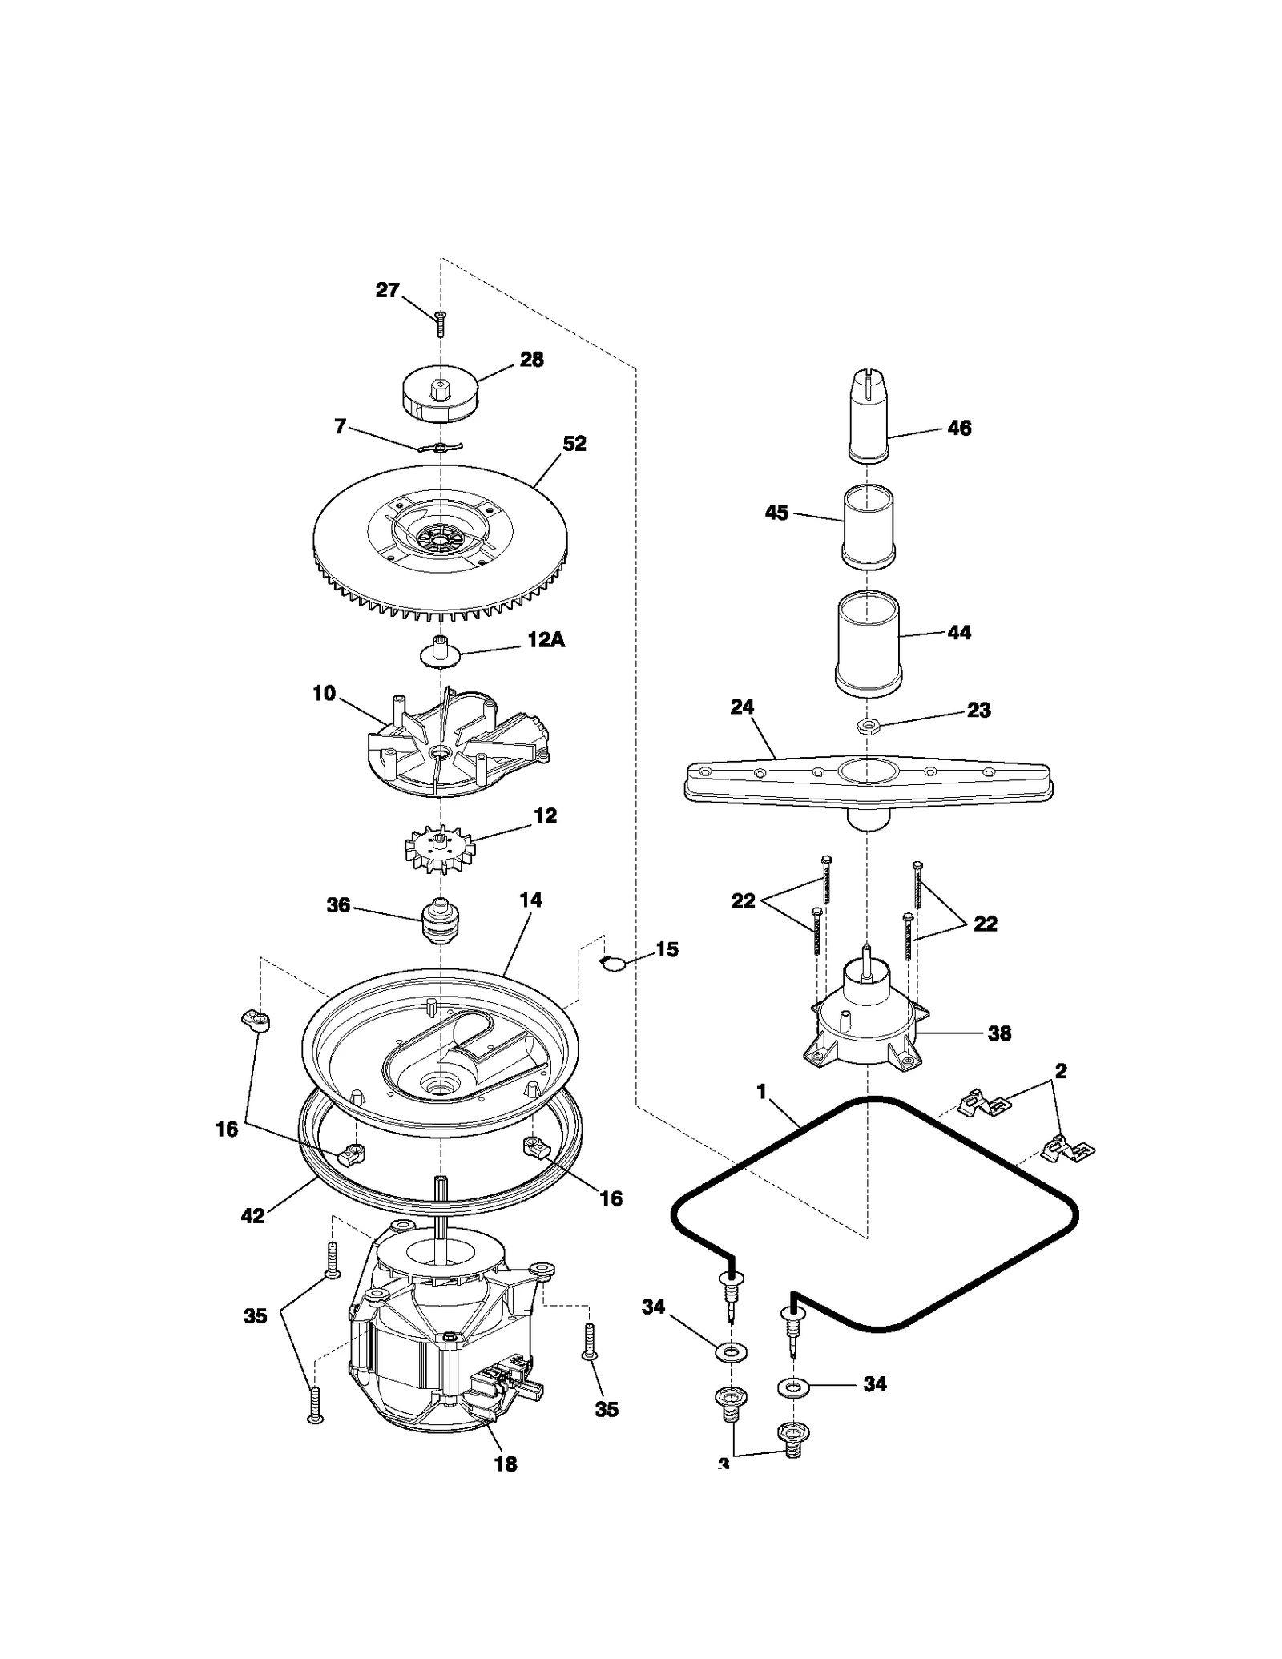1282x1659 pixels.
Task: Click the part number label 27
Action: pos(387,290)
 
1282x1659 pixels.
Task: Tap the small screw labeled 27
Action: pos(440,324)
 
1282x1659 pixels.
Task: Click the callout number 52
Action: pos(574,443)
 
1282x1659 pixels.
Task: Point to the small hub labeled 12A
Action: pos(440,651)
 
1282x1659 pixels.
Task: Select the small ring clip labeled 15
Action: pos(613,963)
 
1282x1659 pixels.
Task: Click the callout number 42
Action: pos(252,1215)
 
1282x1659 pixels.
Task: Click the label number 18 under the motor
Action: pos(505,1464)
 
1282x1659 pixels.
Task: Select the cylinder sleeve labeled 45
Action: pos(869,527)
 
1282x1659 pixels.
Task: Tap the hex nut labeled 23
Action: pos(868,725)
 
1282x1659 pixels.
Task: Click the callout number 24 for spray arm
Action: pos(742,707)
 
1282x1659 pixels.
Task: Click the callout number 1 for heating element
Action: pos(761,1091)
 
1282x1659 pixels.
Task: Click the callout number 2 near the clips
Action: pos(1061,1071)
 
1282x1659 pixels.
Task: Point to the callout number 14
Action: pos(530,900)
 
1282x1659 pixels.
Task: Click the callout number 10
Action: pos(324,693)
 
